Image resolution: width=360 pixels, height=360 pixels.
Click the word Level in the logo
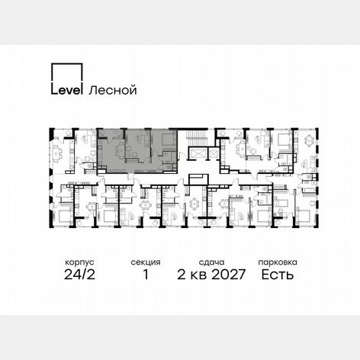(67, 90)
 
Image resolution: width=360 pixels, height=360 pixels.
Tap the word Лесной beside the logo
(113, 90)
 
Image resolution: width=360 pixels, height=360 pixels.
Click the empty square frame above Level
(67, 72)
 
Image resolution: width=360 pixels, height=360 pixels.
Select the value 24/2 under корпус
(79, 275)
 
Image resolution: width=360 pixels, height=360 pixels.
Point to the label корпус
(79, 262)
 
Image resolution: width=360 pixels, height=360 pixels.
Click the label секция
(146, 262)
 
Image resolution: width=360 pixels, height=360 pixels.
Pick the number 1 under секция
(146, 275)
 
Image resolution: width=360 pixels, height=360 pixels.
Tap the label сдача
(211, 262)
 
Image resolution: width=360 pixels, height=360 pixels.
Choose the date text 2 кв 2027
(211, 275)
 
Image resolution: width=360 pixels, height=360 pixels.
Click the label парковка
(278, 262)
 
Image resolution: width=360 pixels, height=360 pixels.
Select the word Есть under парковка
(278, 275)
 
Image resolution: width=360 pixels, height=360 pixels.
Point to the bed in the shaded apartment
(167, 140)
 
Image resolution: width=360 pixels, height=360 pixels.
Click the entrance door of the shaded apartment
(131, 175)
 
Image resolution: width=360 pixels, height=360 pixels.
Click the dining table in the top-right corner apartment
(309, 140)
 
